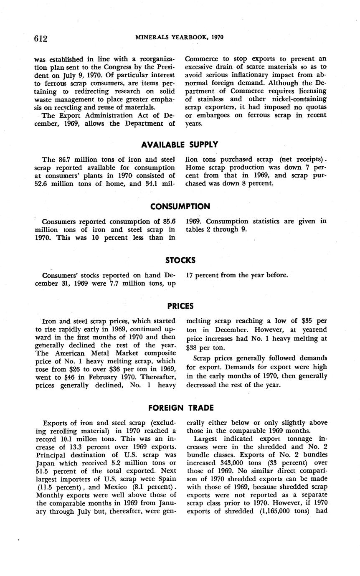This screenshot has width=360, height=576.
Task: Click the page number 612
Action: click(x=41, y=39)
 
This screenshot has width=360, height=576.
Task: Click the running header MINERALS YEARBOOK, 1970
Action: click(x=180, y=37)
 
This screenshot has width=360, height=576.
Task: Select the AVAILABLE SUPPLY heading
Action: click(x=180, y=145)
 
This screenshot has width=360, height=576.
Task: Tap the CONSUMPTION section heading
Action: click(x=180, y=206)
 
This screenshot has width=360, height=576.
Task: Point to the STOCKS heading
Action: click(x=180, y=260)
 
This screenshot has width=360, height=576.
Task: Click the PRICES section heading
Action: click(x=180, y=306)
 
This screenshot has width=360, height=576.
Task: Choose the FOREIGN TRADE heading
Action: click(x=181, y=408)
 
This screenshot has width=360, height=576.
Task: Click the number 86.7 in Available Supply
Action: click(x=63, y=159)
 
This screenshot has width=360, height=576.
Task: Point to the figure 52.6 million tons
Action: click(x=41, y=183)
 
